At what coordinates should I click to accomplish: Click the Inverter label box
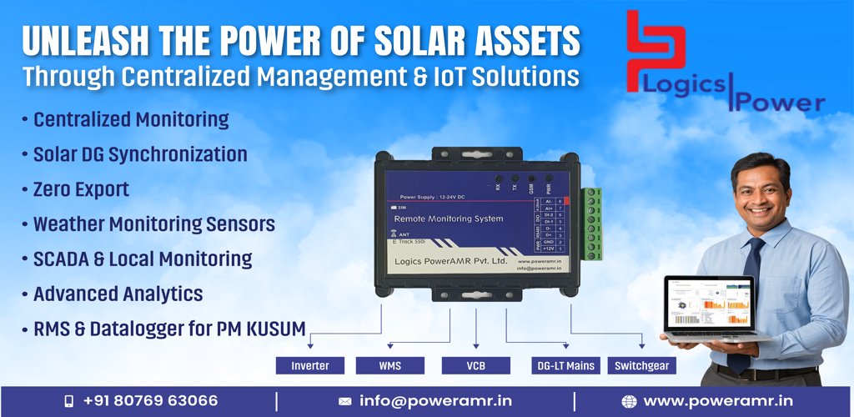pos(310,365)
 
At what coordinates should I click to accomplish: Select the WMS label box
pos(389,365)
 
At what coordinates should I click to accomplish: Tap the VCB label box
pos(475,365)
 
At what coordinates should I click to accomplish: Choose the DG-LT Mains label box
pos(565,365)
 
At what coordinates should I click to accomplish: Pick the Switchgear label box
pos(641,365)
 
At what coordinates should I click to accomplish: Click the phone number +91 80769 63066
pos(150,401)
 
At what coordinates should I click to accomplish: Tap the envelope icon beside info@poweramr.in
pos(344,401)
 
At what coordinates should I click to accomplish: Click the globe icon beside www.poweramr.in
pos(629,401)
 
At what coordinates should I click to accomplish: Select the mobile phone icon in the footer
pos(69,401)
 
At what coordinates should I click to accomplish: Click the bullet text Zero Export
pos(81,189)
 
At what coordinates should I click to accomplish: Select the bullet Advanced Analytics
pos(118,294)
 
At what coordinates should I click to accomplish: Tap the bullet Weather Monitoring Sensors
pos(153,224)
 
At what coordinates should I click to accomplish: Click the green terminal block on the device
pos(593,223)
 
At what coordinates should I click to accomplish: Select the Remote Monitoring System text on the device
pos(448,219)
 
